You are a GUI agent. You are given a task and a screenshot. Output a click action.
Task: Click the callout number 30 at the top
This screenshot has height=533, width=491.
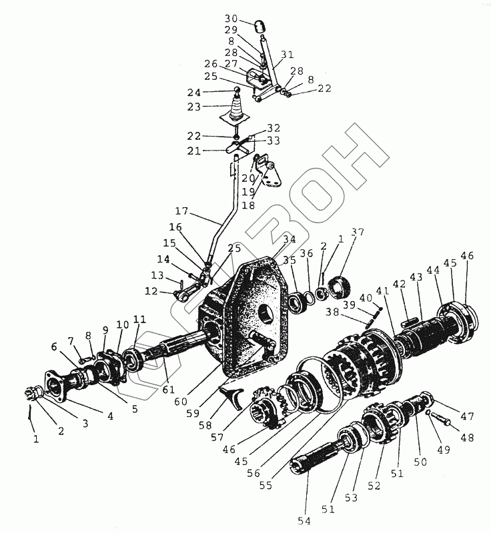(x=231, y=18)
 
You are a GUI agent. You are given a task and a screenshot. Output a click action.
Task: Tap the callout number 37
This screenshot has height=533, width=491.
(x=359, y=233)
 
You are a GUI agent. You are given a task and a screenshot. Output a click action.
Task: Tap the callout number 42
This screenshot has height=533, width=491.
(x=400, y=284)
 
